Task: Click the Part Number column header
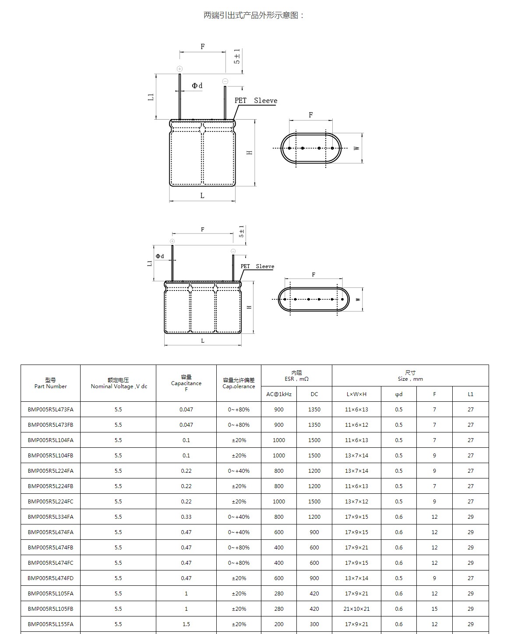50,383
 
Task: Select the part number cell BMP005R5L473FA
50,409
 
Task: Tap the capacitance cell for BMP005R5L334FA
186,517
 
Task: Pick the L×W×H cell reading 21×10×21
356,609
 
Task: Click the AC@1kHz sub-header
278,394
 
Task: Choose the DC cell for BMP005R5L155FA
314,624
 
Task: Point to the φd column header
398,394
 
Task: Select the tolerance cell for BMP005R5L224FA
239,471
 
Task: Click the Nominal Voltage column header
118,383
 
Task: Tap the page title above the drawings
253,15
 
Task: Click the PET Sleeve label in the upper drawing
256,100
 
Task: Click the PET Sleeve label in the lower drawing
257,266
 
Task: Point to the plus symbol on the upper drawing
180,69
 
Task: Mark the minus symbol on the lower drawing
233,251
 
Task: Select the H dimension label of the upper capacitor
250,152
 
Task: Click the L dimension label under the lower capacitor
202,340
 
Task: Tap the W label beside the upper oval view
357,148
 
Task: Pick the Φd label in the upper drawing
197,86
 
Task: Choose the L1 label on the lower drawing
150,263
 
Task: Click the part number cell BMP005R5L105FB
50,609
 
